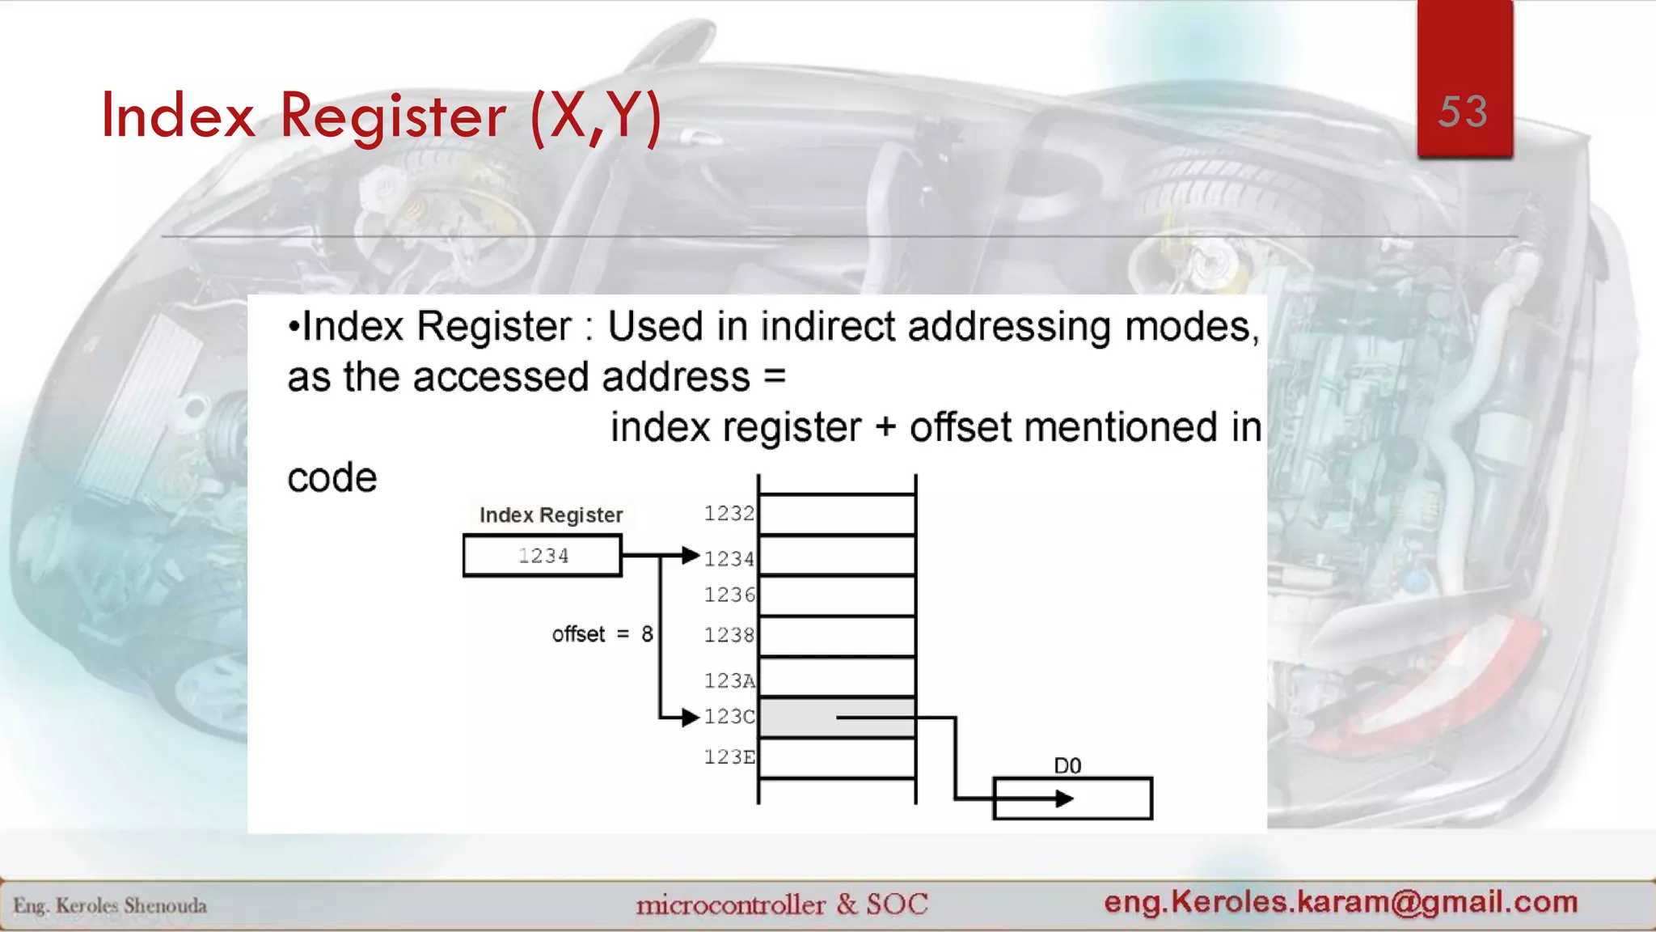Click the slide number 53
pyautogui.click(x=1463, y=112)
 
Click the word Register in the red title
pyautogui.click(x=393, y=116)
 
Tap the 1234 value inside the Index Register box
pyautogui.click(x=543, y=556)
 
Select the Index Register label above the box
pyautogui.click(x=551, y=515)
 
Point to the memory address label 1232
pyautogui.click(x=729, y=514)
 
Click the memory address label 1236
pyautogui.click(x=729, y=595)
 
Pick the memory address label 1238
pyautogui.click(x=729, y=635)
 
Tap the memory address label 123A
pyautogui.click(x=729, y=681)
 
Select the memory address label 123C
pyautogui.click(x=729, y=717)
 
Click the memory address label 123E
pyautogui.click(x=729, y=757)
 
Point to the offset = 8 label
pyautogui.click(x=602, y=634)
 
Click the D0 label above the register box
pyautogui.click(x=1067, y=765)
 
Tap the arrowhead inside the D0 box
pyautogui.click(x=1065, y=799)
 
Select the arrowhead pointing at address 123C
pyautogui.click(x=690, y=717)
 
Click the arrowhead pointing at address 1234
pyautogui.click(x=690, y=556)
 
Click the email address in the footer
pyautogui.click(x=1341, y=901)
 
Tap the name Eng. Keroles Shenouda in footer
pyautogui.click(x=110, y=905)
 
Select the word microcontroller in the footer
pyautogui.click(x=730, y=904)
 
